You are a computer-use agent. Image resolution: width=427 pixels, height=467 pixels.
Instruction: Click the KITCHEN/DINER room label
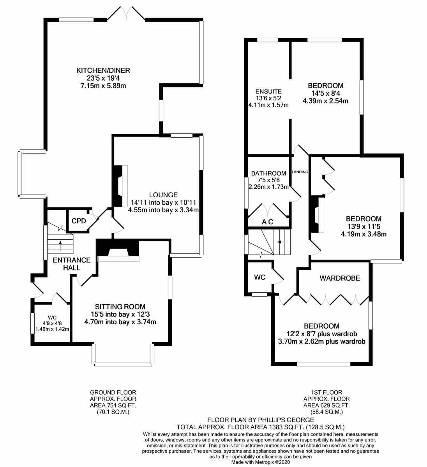coord(103,70)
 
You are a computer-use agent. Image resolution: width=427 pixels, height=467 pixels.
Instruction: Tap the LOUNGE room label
coord(163,195)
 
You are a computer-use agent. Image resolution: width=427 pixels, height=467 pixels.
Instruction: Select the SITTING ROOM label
coord(120,306)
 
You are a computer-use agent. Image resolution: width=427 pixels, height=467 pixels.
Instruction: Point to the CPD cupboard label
coord(78,221)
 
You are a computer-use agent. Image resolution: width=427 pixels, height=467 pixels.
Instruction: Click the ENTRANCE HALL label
coord(72,264)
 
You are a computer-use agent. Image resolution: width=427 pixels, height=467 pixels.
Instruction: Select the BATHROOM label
coord(268,173)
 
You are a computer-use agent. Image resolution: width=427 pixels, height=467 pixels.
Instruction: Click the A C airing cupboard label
coord(268,222)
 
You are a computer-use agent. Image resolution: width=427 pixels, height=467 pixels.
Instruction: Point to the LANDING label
coord(300,172)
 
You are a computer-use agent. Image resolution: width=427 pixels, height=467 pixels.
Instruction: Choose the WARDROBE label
coord(340,278)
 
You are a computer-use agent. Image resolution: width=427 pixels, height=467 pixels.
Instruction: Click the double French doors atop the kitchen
coord(126,12)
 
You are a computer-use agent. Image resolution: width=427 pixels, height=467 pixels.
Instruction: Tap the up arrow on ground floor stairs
coord(60,244)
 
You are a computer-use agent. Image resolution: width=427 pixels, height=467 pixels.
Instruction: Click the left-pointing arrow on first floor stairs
coord(282,242)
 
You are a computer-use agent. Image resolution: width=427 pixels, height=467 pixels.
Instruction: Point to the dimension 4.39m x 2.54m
coord(325,101)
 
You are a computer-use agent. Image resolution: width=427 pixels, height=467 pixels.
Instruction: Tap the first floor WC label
coord(259,277)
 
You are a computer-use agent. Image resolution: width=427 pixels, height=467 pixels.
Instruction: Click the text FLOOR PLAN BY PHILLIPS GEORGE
coord(261,420)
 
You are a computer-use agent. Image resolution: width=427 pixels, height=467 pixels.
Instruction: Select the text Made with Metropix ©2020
coord(261,462)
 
